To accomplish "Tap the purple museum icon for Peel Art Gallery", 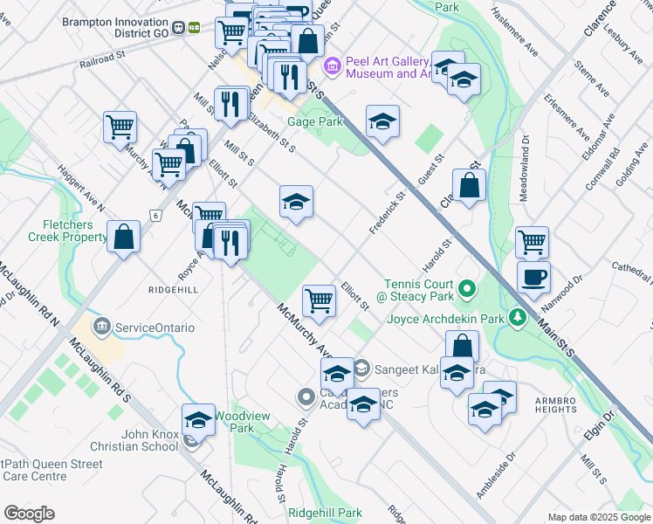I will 333,65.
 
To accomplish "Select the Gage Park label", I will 317,122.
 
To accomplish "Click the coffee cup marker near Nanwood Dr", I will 533,277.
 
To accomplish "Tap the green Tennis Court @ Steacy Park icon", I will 467,287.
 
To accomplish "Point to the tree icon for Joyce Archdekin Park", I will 519,315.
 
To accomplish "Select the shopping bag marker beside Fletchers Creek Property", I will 124,236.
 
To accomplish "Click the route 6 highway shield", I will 155,215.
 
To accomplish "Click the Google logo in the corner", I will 31,513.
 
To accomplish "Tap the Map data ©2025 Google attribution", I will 599,517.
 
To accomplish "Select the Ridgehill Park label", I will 326,513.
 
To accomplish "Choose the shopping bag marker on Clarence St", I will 470,185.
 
